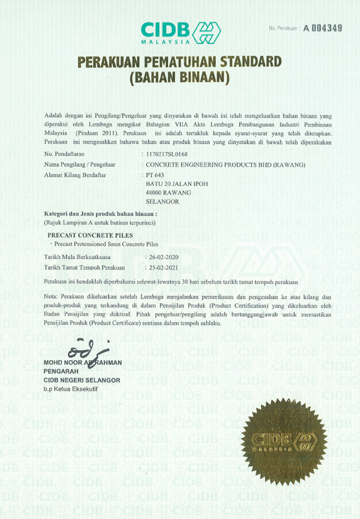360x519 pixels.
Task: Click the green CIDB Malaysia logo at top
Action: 181,32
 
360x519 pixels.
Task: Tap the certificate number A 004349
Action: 323,28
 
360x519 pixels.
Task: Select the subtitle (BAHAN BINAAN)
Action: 179,77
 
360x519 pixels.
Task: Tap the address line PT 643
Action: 154,175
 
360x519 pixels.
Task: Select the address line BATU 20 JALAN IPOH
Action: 177,183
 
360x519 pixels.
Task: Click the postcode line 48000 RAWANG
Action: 168,193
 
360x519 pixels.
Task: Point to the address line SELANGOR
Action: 162,201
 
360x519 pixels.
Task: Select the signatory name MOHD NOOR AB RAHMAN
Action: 83,363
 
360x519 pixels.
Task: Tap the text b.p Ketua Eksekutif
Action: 71,389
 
